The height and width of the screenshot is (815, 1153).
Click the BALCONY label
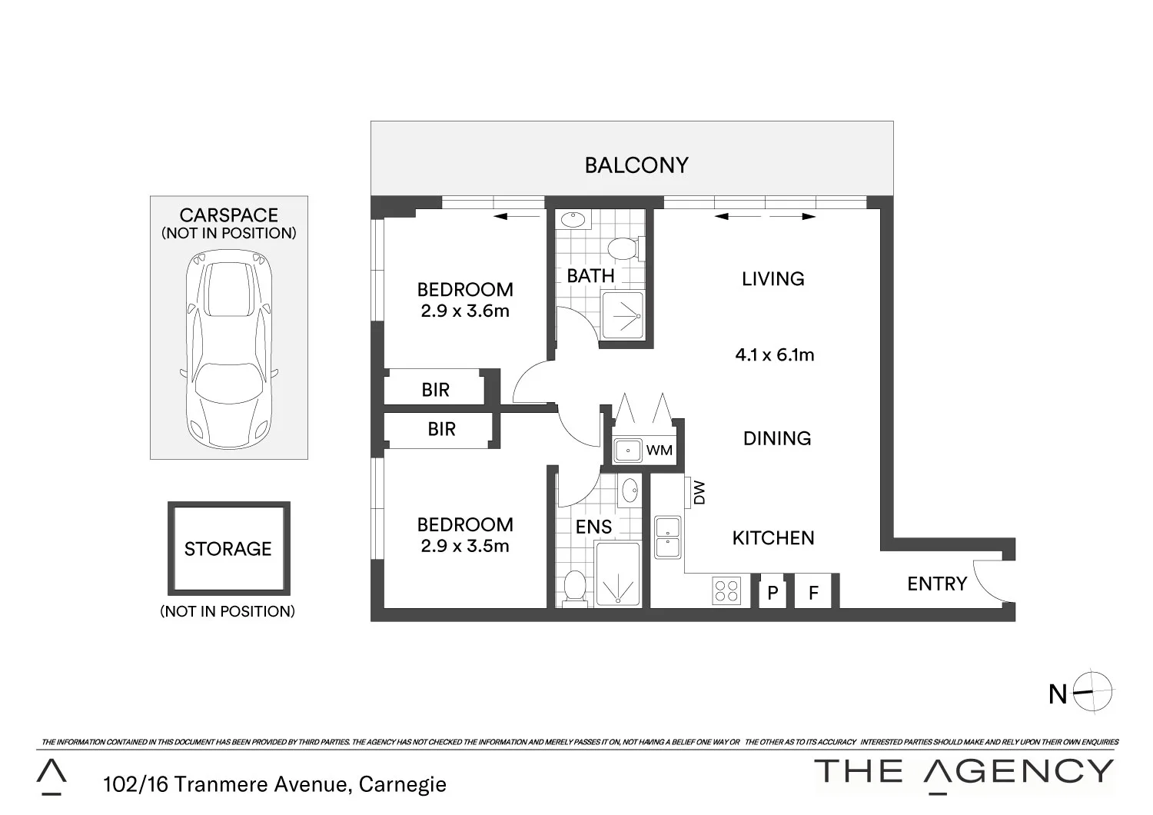[636, 165]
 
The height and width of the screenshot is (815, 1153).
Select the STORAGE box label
[228, 548]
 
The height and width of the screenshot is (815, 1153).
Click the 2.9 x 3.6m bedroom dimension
[464, 311]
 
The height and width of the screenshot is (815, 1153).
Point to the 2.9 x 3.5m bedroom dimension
[464, 547]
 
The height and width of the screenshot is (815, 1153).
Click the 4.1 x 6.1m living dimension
[774, 355]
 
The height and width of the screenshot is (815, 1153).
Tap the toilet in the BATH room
[623, 248]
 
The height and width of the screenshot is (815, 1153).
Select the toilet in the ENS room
[574, 587]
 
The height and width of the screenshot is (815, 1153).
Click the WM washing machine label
[659, 451]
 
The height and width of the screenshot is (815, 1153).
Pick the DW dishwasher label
[699, 493]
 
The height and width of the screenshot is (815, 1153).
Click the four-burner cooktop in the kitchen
[726, 590]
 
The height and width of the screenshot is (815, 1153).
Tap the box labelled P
[773, 593]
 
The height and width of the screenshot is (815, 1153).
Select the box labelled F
[813, 593]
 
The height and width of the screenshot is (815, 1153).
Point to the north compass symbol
[1092, 691]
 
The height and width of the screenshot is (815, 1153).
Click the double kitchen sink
[666, 537]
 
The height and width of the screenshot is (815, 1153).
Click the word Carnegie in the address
[402, 784]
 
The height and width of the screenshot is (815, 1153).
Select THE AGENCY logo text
[964, 771]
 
